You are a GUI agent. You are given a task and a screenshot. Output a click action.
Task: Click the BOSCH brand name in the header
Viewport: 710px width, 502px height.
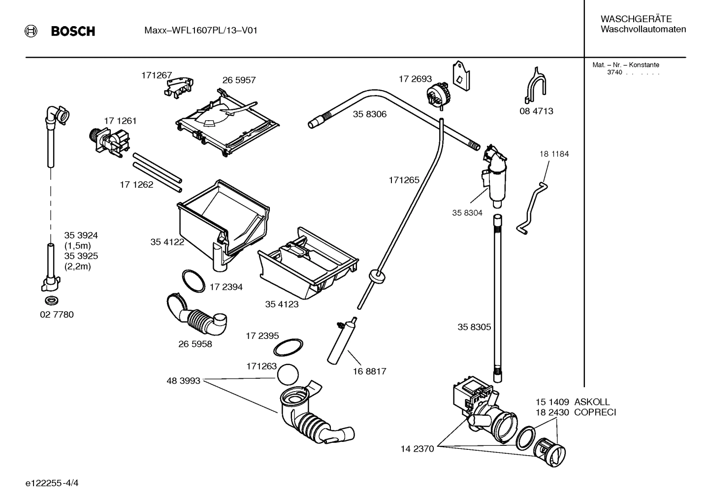tap(73, 32)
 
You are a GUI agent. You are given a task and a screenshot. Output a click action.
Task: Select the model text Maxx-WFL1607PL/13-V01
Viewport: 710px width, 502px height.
tap(200, 31)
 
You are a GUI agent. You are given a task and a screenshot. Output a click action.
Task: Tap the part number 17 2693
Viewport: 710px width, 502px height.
tap(415, 79)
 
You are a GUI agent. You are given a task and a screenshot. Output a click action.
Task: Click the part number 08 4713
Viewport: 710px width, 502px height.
tap(536, 111)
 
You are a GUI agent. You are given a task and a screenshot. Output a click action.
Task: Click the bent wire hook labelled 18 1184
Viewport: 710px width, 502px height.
tap(533, 207)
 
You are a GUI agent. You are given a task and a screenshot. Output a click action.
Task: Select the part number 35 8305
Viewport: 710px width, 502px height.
tap(474, 327)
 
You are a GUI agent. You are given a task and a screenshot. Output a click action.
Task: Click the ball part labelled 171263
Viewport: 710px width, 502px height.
tap(288, 375)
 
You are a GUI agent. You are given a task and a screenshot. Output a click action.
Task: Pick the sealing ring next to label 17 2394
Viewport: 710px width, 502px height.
tap(194, 281)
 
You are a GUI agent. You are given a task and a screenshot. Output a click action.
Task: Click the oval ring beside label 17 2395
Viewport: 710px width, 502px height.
tap(288, 347)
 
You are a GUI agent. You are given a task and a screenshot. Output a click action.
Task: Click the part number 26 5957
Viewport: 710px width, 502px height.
tap(239, 80)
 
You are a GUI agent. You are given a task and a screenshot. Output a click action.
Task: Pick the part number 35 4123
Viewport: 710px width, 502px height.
tap(282, 304)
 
